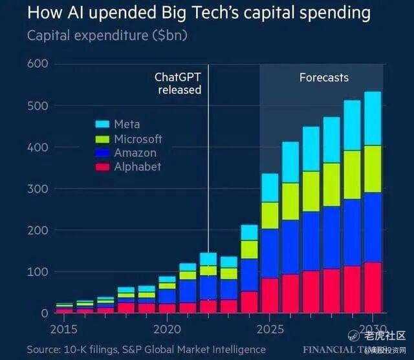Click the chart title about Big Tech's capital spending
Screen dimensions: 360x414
tap(199, 12)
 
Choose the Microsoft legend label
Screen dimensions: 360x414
tap(138, 139)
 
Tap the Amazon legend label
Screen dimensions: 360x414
tap(135, 153)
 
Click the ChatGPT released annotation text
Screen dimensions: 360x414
tap(179, 83)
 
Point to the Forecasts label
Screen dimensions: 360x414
tap(323, 78)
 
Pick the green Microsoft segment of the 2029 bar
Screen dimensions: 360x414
tap(351, 175)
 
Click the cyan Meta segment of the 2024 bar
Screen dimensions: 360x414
tap(248, 233)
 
